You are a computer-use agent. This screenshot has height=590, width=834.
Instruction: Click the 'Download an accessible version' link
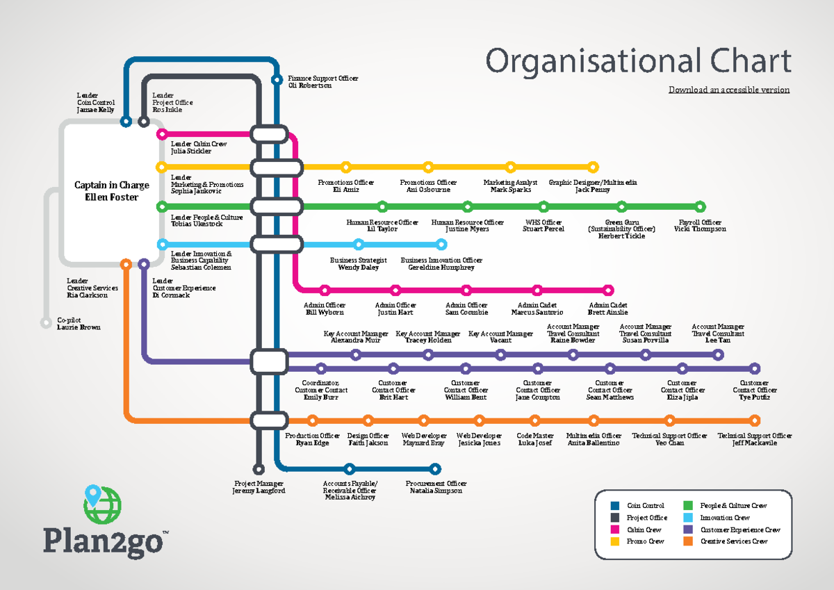(x=728, y=90)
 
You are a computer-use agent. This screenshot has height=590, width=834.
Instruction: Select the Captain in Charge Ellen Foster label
(x=111, y=191)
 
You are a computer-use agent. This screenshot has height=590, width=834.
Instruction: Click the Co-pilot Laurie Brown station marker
(x=46, y=322)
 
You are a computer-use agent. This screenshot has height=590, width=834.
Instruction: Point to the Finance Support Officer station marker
(x=277, y=79)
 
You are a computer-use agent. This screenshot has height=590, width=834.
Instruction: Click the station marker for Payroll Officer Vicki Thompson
(x=700, y=206)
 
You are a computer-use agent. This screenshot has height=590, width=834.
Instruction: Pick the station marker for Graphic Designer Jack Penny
(x=593, y=167)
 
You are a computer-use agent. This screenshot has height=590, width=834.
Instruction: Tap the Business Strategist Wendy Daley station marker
(x=359, y=244)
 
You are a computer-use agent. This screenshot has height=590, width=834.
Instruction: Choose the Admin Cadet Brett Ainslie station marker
(x=608, y=290)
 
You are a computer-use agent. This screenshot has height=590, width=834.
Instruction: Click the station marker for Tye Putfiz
(x=755, y=369)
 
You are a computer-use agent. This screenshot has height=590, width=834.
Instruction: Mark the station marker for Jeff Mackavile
(x=755, y=420)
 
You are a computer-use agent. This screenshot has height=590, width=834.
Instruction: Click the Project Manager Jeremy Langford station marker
(x=259, y=469)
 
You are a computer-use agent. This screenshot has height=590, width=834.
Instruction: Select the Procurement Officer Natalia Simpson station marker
(x=435, y=468)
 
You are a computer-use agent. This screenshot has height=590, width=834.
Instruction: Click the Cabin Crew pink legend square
(x=614, y=530)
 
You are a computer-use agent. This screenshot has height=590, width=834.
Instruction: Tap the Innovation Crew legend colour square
(x=687, y=518)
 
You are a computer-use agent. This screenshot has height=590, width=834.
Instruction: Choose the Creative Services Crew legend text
(x=734, y=541)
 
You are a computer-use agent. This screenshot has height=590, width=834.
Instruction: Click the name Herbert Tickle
(x=621, y=236)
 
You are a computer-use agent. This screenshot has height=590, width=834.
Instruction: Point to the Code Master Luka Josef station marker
(x=534, y=420)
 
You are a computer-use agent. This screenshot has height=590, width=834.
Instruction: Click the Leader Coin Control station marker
(x=126, y=122)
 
